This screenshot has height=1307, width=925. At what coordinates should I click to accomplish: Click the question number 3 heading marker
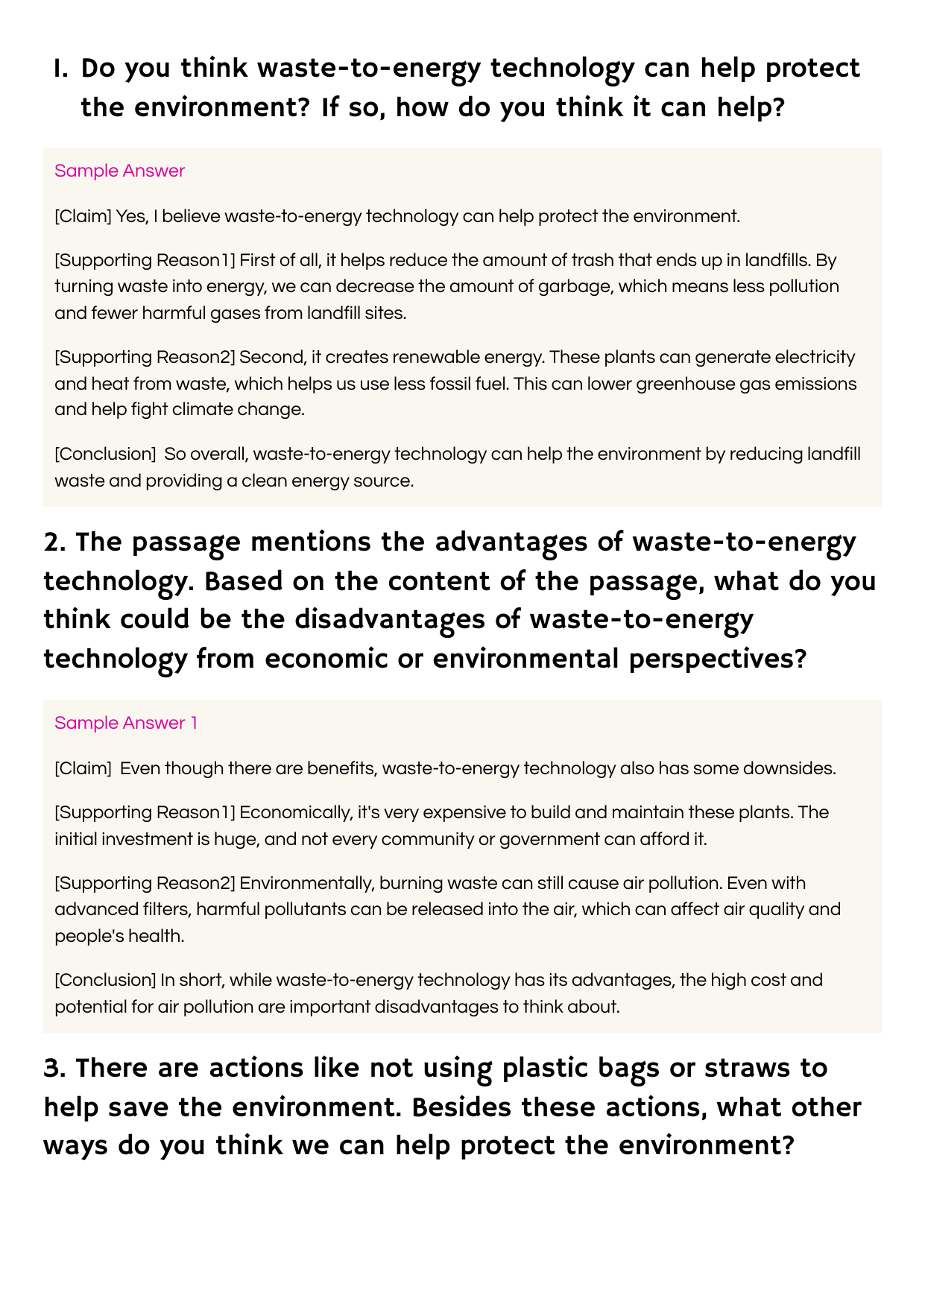(54, 1068)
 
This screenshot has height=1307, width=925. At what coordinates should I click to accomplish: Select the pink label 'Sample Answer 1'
(126, 723)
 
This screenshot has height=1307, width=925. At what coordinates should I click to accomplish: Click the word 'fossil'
(447, 384)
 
